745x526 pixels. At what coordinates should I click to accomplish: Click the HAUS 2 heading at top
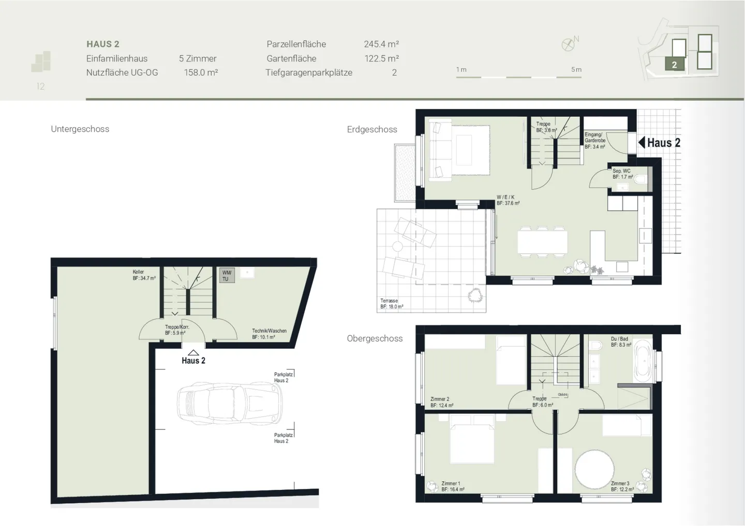click(x=103, y=44)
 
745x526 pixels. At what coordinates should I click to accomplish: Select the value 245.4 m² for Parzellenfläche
click(x=381, y=44)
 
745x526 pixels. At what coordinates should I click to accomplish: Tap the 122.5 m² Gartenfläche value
click(x=381, y=58)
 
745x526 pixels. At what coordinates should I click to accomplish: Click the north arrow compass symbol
click(x=569, y=44)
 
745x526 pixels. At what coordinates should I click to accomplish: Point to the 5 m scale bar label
click(x=576, y=69)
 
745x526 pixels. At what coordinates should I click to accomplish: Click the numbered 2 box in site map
click(x=674, y=65)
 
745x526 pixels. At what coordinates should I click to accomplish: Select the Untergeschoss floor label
click(x=80, y=129)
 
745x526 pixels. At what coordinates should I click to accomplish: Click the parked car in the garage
click(x=230, y=404)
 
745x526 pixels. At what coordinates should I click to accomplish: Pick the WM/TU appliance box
click(x=227, y=275)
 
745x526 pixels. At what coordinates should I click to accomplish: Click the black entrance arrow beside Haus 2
click(x=642, y=142)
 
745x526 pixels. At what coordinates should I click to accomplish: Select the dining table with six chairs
click(x=541, y=241)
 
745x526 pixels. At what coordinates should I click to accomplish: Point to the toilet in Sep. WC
click(x=640, y=180)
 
